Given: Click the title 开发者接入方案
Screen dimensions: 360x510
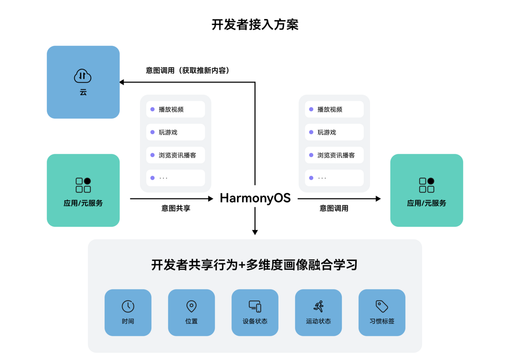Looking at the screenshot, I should [x=255, y=25].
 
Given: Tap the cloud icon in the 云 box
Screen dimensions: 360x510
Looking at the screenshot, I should [x=83, y=76].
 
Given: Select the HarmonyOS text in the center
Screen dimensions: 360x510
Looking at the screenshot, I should [x=255, y=198].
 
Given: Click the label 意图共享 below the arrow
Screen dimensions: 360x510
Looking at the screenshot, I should [x=176, y=209].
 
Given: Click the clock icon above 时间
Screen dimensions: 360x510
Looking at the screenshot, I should [x=128, y=306].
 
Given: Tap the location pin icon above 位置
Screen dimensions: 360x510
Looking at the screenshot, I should [x=191, y=306].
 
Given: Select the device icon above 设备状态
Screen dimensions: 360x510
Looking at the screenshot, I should [x=255, y=306].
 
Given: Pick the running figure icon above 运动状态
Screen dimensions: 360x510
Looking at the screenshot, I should [x=318, y=306].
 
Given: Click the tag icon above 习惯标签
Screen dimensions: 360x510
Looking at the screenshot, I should [x=382, y=306].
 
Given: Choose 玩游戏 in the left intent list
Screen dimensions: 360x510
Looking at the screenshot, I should [x=168, y=132].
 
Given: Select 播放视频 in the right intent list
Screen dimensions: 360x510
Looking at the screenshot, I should [x=330, y=109].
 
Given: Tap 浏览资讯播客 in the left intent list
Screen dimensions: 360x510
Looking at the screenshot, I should [x=178, y=155].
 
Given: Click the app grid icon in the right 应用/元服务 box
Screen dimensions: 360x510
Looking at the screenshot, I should [x=426, y=185].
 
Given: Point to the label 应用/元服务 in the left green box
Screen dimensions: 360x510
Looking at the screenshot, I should [x=83, y=203].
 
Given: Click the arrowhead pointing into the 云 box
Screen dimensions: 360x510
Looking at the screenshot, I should [x=122, y=82].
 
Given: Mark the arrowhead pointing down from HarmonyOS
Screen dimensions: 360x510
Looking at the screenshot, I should [x=255, y=232].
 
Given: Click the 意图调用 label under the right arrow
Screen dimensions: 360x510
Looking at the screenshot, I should [x=334, y=209].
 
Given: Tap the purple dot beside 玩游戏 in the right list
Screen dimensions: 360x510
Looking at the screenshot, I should [x=311, y=132].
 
